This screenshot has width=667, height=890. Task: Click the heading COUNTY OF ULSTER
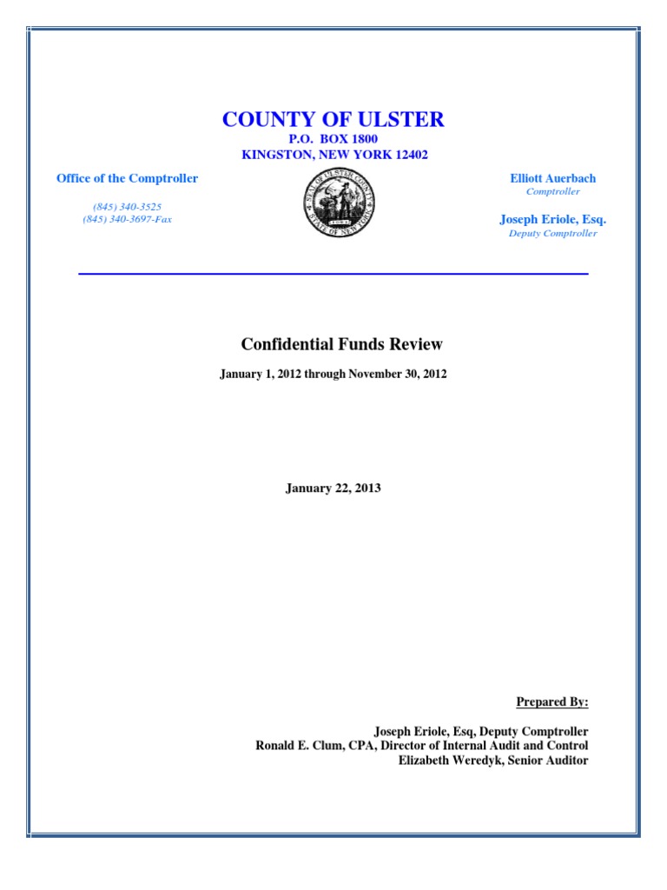click(x=333, y=119)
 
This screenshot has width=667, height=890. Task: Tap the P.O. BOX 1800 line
click(x=333, y=139)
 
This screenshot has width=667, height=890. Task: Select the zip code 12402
click(x=409, y=155)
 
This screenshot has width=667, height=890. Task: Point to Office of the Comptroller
click(x=127, y=178)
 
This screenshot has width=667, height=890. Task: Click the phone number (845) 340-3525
click(x=127, y=207)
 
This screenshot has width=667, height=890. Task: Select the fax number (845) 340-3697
click(x=117, y=219)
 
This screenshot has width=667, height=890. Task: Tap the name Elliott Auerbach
click(x=552, y=178)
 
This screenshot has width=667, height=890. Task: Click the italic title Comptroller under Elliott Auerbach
click(x=552, y=191)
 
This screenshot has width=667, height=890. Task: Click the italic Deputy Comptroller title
click(x=552, y=233)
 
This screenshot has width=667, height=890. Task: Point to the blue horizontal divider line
click(x=333, y=274)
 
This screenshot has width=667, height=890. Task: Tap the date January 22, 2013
click(x=333, y=488)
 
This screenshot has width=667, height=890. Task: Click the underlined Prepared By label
click(x=552, y=702)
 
